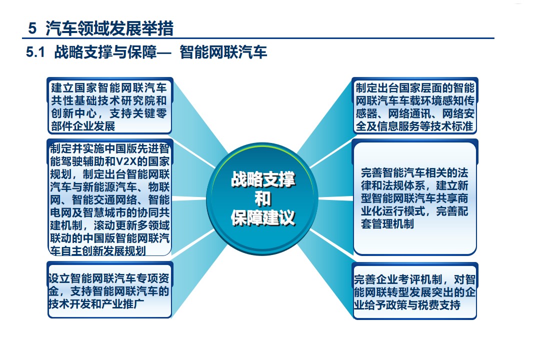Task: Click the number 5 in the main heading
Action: click(32, 28)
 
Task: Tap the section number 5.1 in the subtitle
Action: click(35, 52)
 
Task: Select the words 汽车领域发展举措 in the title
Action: click(109, 28)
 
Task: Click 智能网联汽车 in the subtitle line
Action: click(223, 52)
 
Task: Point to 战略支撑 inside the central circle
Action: click(263, 179)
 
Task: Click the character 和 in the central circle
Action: click(263, 198)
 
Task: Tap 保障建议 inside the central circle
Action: click(263, 217)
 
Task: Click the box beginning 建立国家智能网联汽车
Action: click(109, 106)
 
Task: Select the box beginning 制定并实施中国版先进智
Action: click(109, 198)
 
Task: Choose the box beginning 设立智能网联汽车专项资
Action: click(109, 290)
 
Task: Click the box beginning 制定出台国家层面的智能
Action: click(415, 106)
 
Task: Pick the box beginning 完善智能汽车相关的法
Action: click(415, 198)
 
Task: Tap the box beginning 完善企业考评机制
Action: click(415, 291)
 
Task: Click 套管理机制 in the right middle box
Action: click(387, 223)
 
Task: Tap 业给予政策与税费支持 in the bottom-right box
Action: click(407, 305)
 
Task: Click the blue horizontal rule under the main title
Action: click(258, 38)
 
